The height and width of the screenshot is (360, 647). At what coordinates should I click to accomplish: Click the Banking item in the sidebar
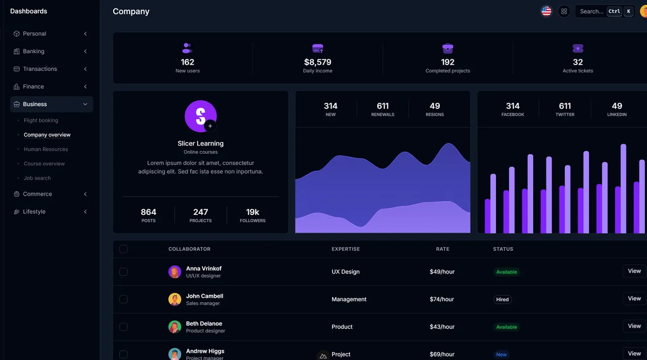pos(33,51)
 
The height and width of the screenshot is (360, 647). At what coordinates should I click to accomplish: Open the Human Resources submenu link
pos(45,149)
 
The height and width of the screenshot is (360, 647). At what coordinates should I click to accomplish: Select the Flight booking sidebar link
pos(41,120)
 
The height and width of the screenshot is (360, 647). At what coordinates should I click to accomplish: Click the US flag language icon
pos(546,11)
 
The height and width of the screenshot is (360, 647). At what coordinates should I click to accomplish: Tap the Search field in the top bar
pos(591,11)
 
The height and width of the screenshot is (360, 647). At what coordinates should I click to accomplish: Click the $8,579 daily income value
pos(317,62)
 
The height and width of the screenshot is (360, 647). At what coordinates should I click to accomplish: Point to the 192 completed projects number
pos(447,62)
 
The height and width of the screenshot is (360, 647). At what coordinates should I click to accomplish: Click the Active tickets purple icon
pos(578,49)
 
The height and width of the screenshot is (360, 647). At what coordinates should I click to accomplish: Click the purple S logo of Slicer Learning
pos(200,115)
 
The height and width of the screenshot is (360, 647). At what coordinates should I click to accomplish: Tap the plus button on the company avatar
pos(210,126)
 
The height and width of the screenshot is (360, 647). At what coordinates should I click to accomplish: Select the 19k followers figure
pos(252,212)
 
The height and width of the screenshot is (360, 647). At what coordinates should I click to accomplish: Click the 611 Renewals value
pos(383,106)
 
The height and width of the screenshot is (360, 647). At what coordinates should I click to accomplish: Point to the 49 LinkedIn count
pos(617,106)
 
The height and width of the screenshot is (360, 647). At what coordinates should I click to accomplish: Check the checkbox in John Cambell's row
pos(123,299)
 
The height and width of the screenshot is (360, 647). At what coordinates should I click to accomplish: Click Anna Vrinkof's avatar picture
pos(174,272)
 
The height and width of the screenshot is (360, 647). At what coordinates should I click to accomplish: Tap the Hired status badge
pos(502,299)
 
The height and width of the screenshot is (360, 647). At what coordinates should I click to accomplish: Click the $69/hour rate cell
pos(442,354)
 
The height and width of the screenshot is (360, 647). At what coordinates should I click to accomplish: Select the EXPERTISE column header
pos(346,249)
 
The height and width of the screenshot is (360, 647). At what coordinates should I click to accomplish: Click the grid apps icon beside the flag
pos(564,11)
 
